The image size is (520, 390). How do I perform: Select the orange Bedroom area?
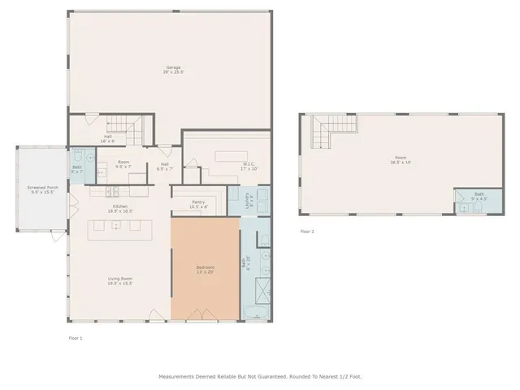click(205, 271)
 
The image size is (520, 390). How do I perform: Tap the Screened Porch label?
click(41, 189)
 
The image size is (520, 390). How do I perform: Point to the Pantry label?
click(198, 204)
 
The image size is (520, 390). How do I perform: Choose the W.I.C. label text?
click(249, 166)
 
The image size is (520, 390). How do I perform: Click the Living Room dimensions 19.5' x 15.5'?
click(120, 285)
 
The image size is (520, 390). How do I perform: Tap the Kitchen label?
click(120, 206)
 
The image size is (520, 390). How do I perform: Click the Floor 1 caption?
click(75, 336)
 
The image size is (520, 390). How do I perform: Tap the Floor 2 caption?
click(307, 232)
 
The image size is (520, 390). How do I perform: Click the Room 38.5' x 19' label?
click(400, 160)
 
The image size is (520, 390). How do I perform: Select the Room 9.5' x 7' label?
click(123, 165)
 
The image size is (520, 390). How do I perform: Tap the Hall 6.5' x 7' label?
click(164, 167)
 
